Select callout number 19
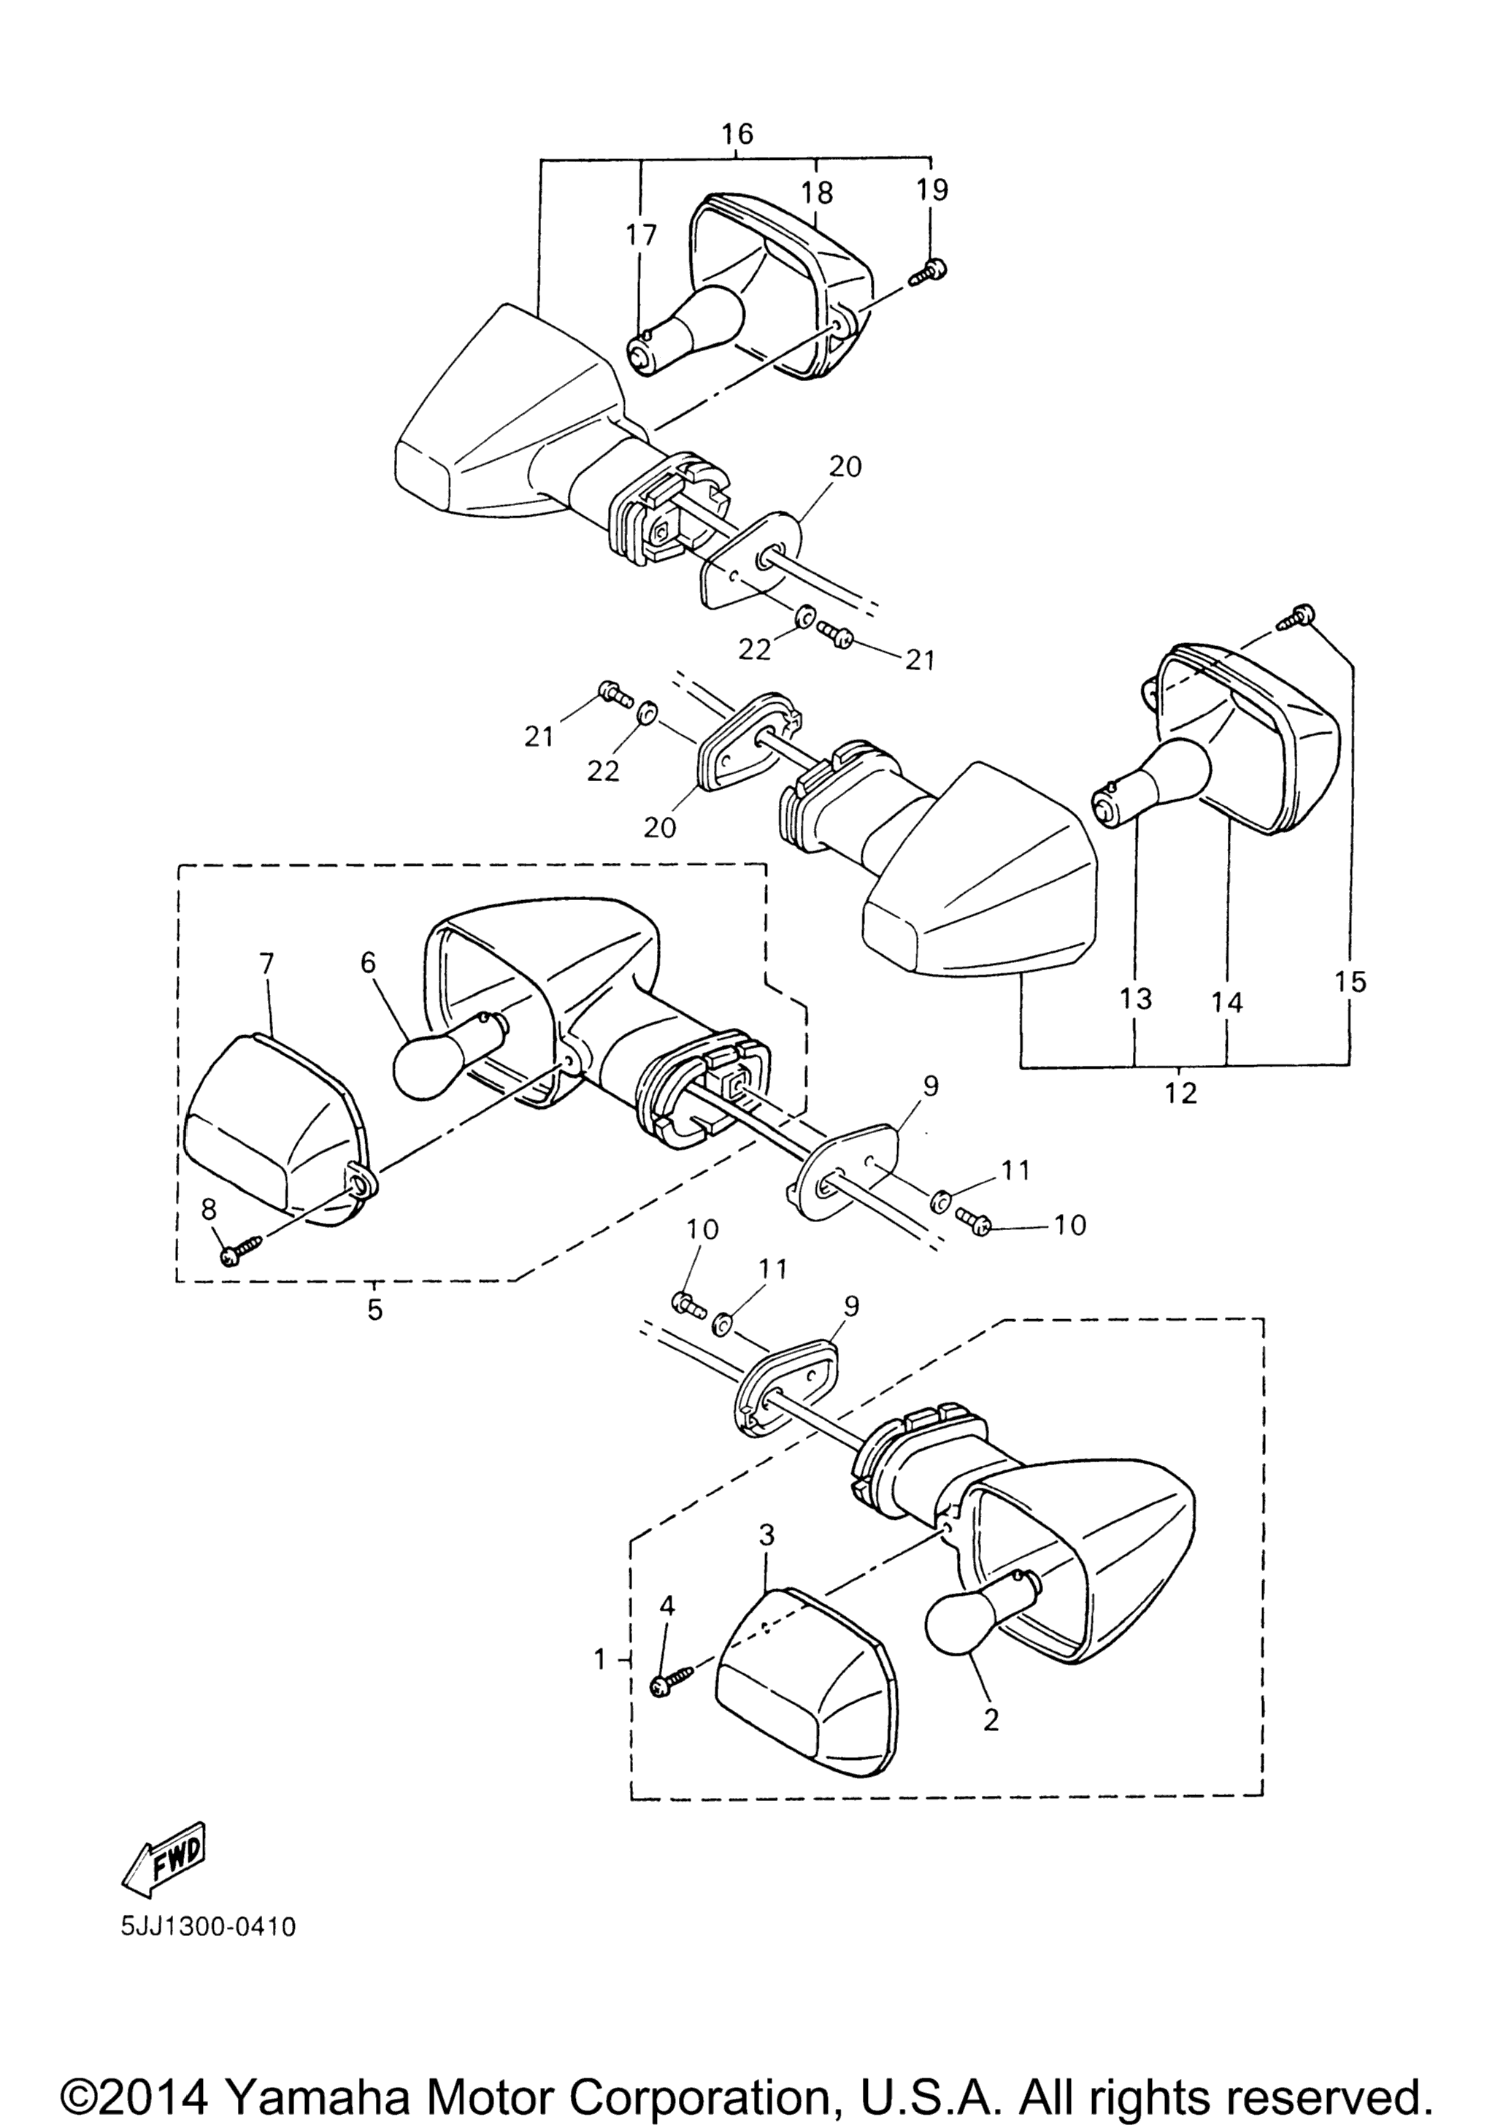(x=932, y=190)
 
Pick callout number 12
(x=1182, y=1094)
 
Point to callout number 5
(x=374, y=1311)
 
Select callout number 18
(x=818, y=192)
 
